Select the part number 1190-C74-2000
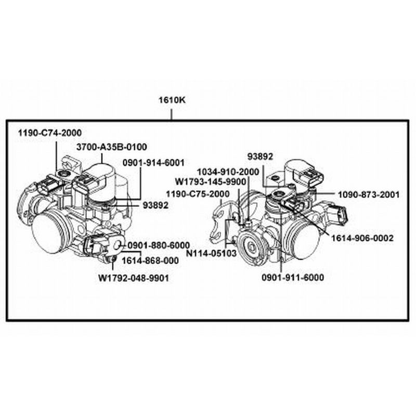coord(50,133)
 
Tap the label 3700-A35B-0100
coord(112,147)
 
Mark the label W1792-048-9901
coord(134,278)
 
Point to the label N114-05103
coord(212,254)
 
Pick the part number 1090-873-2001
coord(368,194)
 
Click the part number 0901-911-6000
coord(293,278)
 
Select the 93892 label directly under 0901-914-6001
coord(155,205)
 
